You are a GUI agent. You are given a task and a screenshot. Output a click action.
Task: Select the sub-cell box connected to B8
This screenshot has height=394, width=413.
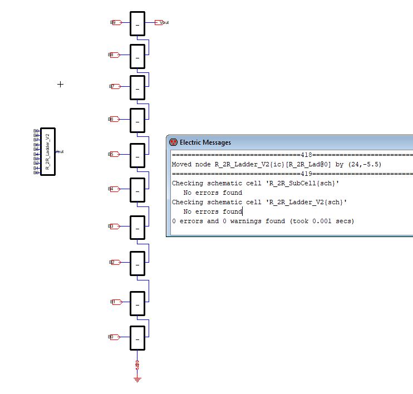[137, 56]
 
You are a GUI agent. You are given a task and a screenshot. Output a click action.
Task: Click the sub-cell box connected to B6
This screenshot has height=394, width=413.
[137, 120]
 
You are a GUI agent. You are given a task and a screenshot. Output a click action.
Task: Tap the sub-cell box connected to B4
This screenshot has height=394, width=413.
[137, 190]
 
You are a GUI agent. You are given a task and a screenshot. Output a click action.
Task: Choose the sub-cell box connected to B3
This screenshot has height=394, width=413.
[137, 227]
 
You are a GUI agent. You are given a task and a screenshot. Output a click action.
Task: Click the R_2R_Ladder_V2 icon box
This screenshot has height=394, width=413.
[48, 151]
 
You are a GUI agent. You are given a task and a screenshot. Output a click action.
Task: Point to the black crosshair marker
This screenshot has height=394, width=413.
[61, 84]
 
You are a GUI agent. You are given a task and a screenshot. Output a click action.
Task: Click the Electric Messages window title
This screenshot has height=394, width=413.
[205, 142]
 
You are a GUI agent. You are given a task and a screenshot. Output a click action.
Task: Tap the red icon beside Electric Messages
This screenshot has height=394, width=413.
[173, 142]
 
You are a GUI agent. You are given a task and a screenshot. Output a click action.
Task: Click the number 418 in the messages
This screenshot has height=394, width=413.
[306, 155]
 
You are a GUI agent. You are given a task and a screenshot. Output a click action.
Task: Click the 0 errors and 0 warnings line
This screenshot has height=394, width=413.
[263, 221]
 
